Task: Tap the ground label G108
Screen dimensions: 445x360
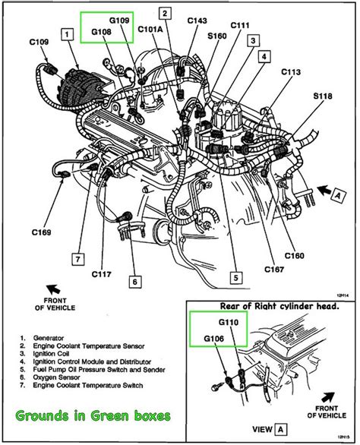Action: pyautogui.click(x=103, y=33)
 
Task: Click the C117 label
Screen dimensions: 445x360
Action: pyautogui.click(x=104, y=273)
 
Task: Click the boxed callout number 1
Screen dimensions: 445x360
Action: pyautogui.click(x=69, y=33)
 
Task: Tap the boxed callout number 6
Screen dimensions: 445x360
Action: pyautogui.click(x=134, y=281)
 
